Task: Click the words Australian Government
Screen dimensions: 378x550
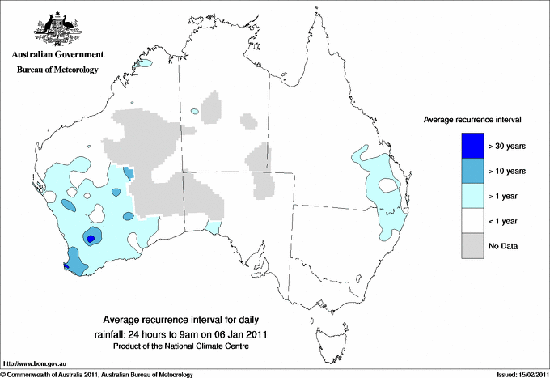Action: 57,55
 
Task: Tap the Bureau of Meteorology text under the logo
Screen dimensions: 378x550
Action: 57,70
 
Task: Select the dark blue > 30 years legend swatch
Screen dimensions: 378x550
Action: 472,146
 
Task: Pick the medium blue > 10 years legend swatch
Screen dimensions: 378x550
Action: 472,171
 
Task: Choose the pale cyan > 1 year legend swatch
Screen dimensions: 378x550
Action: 472,195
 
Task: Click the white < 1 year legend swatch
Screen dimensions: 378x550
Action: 472,220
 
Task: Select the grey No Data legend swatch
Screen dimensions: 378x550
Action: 472,245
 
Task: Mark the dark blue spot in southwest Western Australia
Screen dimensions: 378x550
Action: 91,238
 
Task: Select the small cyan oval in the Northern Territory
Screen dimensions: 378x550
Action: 194,111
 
